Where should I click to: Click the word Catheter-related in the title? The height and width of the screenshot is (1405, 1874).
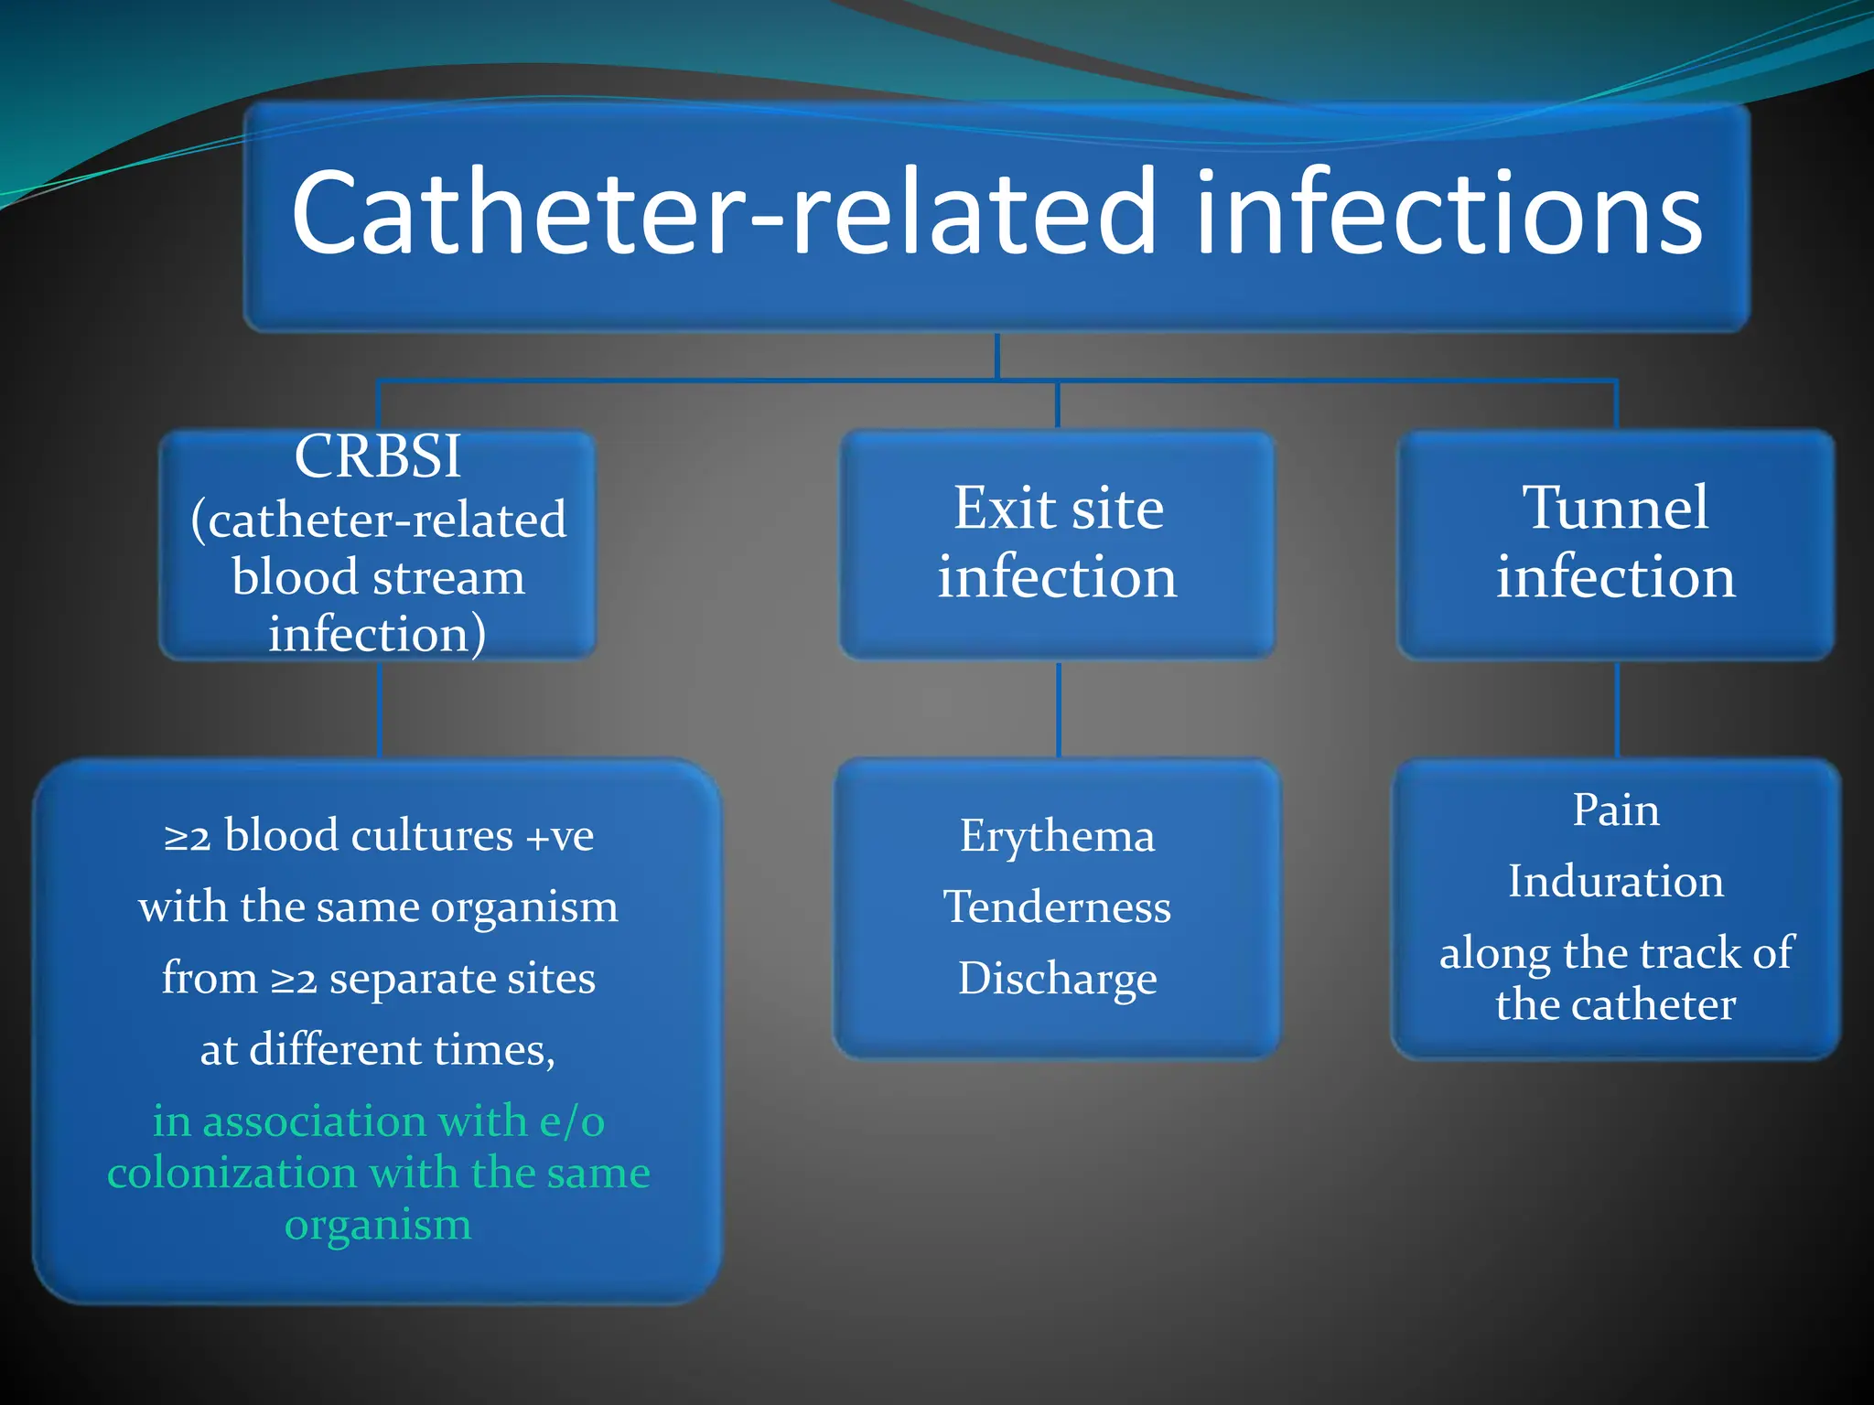tap(723, 212)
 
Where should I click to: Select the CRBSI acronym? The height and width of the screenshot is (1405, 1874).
tap(377, 455)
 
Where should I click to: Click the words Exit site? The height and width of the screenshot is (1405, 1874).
tap(1058, 508)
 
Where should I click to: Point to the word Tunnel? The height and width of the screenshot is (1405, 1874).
tap(1615, 508)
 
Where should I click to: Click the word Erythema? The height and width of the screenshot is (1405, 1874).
tap(1057, 836)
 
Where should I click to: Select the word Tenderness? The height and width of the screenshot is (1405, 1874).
tap(1057, 907)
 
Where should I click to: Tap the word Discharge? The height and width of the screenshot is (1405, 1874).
tap(1057, 979)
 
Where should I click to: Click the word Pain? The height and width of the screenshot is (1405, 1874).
tap(1615, 810)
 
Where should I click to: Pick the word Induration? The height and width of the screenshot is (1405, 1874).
tap(1615, 882)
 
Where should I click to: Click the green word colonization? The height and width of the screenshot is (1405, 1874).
tap(232, 1173)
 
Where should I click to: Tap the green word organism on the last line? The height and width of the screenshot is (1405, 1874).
tap(378, 1225)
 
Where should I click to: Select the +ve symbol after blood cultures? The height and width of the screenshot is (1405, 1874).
tap(559, 836)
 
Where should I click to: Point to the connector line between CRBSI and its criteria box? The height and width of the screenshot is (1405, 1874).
tap(379, 709)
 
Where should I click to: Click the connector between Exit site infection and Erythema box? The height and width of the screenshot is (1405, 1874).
tap(1059, 709)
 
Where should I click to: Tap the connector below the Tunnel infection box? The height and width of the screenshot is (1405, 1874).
tap(1617, 709)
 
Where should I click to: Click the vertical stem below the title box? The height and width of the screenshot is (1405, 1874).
tap(996, 355)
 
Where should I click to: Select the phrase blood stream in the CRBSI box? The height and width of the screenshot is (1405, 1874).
tap(378, 578)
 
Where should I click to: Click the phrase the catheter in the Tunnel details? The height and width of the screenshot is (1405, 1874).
tap(1615, 1005)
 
